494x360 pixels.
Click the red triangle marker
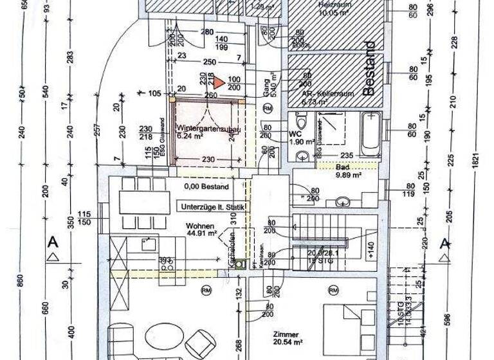point(219,82)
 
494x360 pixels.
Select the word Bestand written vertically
point(369,68)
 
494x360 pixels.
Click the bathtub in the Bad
point(370,136)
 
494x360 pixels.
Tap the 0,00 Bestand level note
point(206,186)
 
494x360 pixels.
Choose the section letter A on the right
point(444,243)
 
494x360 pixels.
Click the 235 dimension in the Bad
point(348,156)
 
